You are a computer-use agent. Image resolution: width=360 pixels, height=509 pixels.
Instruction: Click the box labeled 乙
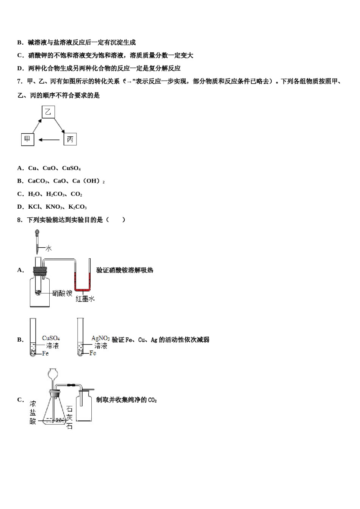[x=48, y=112]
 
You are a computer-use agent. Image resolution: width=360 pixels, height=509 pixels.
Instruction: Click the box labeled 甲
[x=27, y=139]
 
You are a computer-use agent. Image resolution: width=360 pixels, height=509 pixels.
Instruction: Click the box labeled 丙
[x=70, y=139]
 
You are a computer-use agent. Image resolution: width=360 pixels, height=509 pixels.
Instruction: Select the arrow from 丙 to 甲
[x=49, y=140]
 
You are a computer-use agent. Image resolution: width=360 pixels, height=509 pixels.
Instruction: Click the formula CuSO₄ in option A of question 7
[x=71, y=168]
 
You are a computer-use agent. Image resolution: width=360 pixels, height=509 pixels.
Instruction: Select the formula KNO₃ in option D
[x=54, y=207]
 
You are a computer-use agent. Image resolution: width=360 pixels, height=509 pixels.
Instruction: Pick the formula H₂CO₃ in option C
[x=55, y=194]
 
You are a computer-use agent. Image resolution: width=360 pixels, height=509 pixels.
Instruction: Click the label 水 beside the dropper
[x=49, y=248]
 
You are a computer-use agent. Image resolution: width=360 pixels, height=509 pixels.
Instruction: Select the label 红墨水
[x=85, y=299]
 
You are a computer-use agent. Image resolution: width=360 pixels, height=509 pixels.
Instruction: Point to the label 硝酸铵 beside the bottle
[x=62, y=293]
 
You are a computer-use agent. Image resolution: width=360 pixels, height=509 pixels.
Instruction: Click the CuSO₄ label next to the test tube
[x=51, y=338]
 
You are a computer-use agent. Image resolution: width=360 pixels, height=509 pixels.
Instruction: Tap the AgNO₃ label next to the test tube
[x=100, y=338]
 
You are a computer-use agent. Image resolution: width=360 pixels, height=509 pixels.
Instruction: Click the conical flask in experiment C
[x=55, y=411]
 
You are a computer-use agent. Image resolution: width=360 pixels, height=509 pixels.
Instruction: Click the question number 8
[x=20, y=220]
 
